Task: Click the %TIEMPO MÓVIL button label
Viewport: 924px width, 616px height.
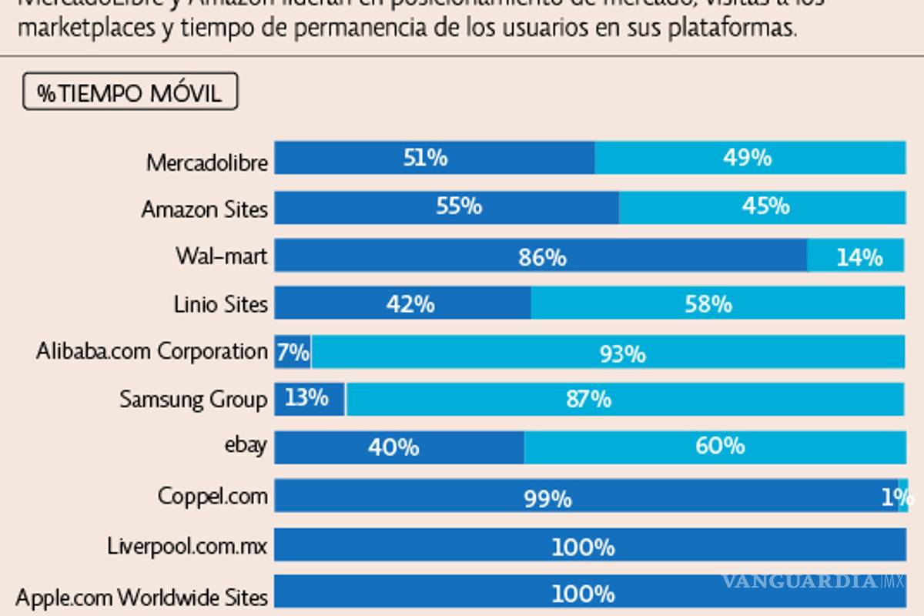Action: [130, 93]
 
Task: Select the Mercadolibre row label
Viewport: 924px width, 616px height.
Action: [207, 162]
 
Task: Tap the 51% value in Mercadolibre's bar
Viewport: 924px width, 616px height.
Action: [425, 158]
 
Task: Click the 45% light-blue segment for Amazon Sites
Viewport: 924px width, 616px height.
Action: [765, 206]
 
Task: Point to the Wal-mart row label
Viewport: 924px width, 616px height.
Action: [221, 256]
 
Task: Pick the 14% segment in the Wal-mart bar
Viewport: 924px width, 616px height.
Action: [859, 257]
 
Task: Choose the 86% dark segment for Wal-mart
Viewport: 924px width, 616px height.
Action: [542, 257]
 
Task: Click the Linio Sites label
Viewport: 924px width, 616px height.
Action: [221, 304]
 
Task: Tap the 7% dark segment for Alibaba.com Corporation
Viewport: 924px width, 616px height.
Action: [293, 352]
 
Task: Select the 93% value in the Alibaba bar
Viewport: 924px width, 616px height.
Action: [622, 354]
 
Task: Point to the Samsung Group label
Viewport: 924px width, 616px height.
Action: [193, 399]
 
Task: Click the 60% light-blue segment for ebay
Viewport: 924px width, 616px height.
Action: [719, 446]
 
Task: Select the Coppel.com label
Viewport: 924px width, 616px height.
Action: [213, 495]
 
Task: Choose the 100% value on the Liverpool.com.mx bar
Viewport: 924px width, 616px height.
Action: [583, 547]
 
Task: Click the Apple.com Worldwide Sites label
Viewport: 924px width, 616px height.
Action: [142, 597]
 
